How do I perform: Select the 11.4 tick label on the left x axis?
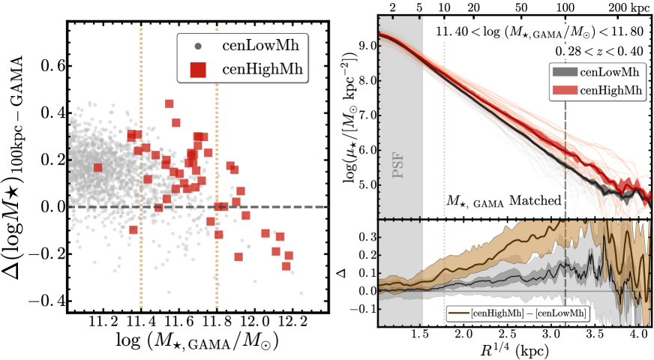139,321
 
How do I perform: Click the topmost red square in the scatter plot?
169,103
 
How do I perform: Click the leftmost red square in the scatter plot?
97,167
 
